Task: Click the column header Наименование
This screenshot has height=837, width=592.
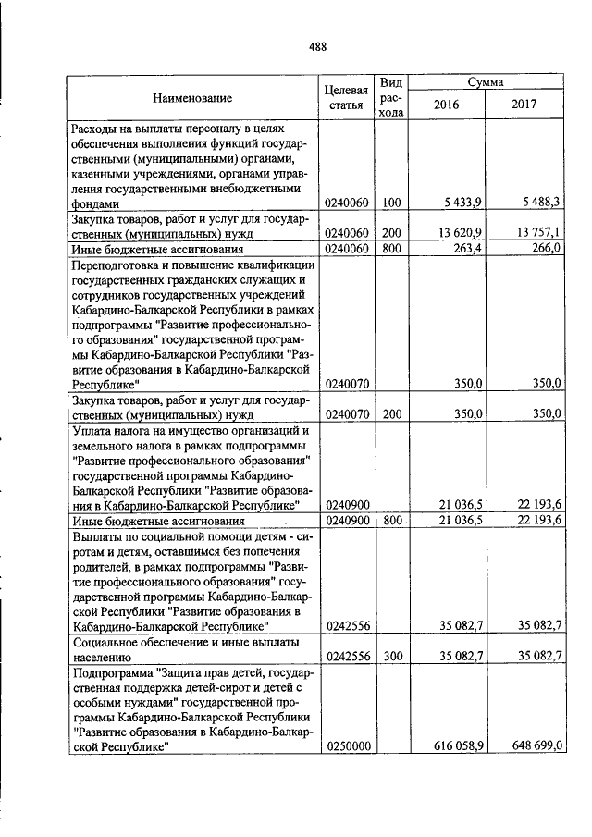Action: point(192,97)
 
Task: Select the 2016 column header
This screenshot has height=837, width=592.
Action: point(446,105)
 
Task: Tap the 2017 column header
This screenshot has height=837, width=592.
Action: point(524,105)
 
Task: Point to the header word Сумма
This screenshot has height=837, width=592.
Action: point(485,82)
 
